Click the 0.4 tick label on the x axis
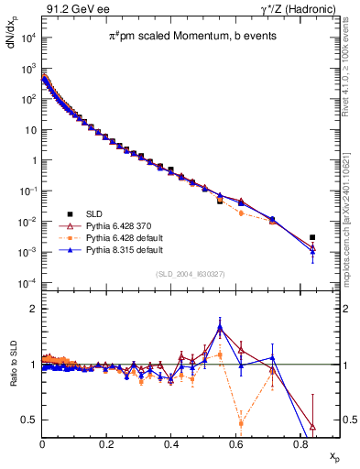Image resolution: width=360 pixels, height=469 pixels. [171, 442]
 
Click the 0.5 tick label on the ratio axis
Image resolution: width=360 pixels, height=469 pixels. [29, 420]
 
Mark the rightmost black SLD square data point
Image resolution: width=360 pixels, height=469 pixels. [312, 237]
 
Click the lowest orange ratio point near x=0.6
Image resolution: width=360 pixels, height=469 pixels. [241, 423]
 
